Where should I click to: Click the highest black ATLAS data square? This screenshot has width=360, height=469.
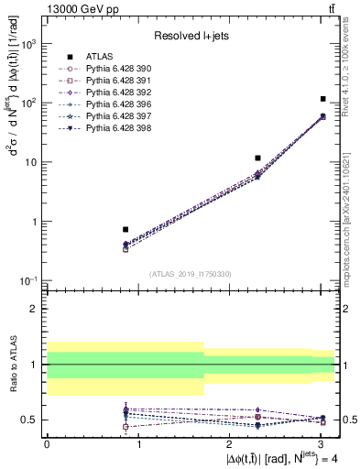[x=323, y=99]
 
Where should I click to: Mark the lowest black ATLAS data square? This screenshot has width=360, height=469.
[x=125, y=229]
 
